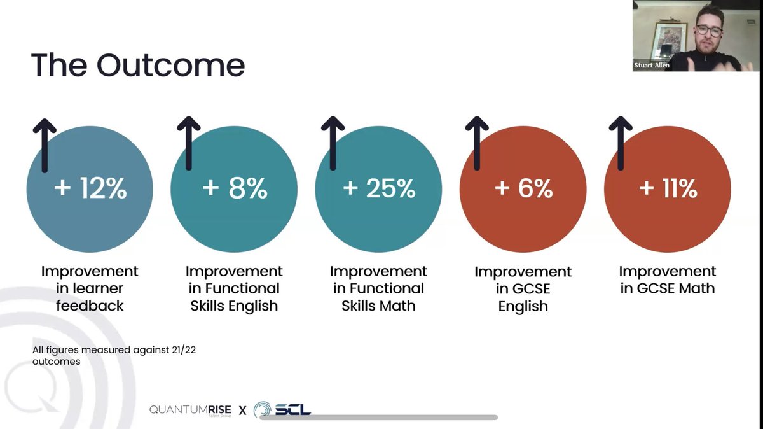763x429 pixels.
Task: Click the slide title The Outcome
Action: pyautogui.click(x=137, y=66)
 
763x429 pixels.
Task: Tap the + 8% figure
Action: pyautogui.click(x=234, y=189)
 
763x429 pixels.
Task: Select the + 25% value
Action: pyautogui.click(x=378, y=189)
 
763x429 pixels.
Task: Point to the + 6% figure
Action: pyautogui.click(x=523, y=189)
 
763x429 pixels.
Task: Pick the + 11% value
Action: pyautogui.click(x=667, y=189)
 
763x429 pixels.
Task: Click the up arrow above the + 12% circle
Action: pyautogui.click(x=45, y=143)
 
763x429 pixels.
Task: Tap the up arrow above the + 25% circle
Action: pyautogui.click(x=333, y=143)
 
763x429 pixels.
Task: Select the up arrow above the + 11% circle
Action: pyautogui.click(x=621, y=143)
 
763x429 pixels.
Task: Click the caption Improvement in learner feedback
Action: pyautogui.click(x=90, y=288)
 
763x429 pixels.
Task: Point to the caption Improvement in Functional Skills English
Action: pyautogui.click(x=234, y=288)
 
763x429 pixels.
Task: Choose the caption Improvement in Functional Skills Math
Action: pyautogui.click(x=378, y=288)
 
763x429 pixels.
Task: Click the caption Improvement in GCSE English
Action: pyautogui.click(x=523, y=289)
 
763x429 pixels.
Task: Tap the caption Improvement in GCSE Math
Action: pyautogui.click(x=667, y=280)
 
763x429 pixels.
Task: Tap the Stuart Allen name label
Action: pyautogui.click(x=652, y=65)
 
